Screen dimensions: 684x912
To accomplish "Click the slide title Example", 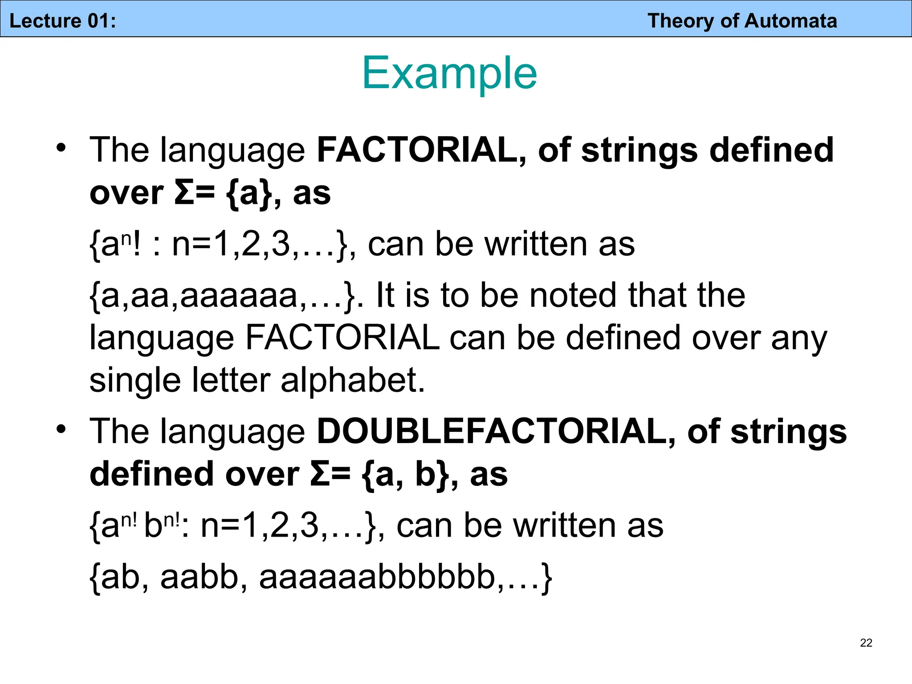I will [x=450, y=73].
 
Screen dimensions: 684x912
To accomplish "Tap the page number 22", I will [x=866, y=643].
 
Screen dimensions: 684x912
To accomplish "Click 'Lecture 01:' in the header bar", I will [x=63, y=21].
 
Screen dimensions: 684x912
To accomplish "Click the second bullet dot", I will [x=61, y=429].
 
